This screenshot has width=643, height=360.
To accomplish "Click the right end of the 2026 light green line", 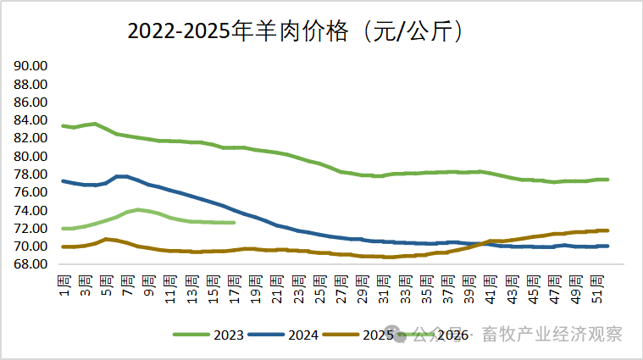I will click(235, 223).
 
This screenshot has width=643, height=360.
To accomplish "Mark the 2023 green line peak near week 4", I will click(95, 124).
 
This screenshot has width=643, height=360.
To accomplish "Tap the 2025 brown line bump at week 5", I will click(106, 239).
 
